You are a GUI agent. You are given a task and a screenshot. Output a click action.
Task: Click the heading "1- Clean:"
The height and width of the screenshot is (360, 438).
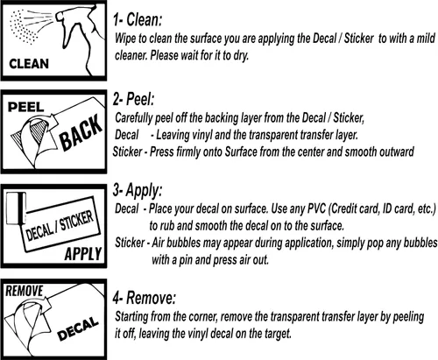click(138, 20)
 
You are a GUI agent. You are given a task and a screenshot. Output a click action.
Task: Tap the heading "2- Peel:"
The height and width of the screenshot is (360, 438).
click(133, 99)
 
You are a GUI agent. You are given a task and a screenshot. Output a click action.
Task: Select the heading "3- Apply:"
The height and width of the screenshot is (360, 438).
click(138, 191)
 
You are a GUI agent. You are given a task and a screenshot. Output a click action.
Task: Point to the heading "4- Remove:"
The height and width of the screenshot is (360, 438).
click(145, 298)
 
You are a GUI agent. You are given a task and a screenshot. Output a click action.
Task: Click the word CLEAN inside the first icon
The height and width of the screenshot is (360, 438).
click(29, 64)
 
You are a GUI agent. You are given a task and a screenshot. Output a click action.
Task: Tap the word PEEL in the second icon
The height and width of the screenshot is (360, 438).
click(25, 107)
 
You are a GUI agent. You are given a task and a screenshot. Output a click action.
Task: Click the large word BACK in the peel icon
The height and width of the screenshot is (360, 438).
click(81, 133)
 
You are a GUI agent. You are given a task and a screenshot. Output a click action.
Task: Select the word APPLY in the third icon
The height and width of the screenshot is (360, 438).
click(83, 253)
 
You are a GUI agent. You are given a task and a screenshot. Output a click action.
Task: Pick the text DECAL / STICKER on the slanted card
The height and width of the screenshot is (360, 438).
click(60, 225)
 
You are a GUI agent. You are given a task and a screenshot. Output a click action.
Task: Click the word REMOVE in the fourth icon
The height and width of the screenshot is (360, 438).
click(25, 291)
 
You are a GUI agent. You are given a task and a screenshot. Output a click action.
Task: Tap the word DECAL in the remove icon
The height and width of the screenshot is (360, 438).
click(78, 328)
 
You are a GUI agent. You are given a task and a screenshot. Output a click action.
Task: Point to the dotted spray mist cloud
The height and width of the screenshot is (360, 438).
click(23, 27)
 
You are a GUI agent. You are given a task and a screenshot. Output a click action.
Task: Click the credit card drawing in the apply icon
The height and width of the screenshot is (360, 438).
click(16, 208)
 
